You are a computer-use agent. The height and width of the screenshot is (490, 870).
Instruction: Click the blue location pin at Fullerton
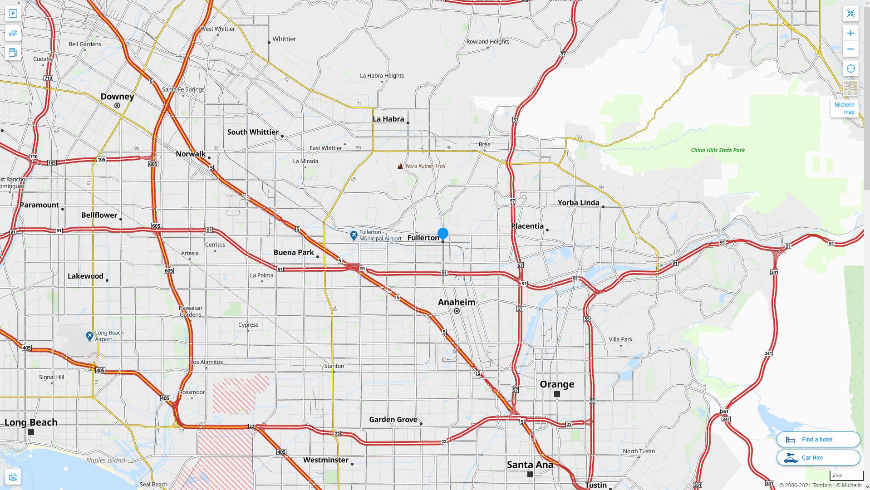pyautogui.click(x=443, y=234)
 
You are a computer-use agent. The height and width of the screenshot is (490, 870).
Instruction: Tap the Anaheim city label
pyautogui.click(x=457, y=302)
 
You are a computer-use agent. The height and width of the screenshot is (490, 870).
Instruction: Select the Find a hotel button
pyautogui.click(x=818, y=439)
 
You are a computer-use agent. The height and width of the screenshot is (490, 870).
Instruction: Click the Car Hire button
pyautogui.click(x=818, y=457)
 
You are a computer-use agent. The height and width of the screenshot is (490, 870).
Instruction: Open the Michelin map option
pyautogui.click(x=844, y=108)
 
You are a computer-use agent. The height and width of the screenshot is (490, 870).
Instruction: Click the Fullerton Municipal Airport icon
pyautogui.click(x=354, y=235)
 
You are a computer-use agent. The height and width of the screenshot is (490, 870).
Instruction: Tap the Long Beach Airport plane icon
pyautogui.click(x=90, y=336)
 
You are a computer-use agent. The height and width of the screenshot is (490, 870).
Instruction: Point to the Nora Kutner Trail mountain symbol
pyautogui.click(x=400, y=166)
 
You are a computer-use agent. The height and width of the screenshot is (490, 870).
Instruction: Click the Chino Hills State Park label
pyautogui.click(x=718, y=150)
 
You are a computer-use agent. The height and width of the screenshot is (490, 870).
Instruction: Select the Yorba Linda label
pyautogui.click(x=578, y=203)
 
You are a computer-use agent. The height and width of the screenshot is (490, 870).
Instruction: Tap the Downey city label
pyautogui.click(x=117, y=97)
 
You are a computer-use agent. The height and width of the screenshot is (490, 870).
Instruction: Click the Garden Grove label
pyautogui.click(x=393, y=420)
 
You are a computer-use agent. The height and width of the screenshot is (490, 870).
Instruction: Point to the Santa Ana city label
pyautogui.click(x=530, y=465)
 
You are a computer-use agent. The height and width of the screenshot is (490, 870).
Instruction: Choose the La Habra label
pyautogui.click(x=388, y=119)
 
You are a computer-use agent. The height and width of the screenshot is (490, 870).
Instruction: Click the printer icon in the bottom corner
pyautogui.click(x=13, y=477)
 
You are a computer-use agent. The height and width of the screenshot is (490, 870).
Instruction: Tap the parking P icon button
pyautogui.click(x=13, y=14)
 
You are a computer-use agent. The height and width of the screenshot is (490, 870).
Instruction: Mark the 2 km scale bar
pyautogui.click(x=846, y=476)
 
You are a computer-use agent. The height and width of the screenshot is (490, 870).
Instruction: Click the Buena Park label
pyautogui.click(x=294, y=252)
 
